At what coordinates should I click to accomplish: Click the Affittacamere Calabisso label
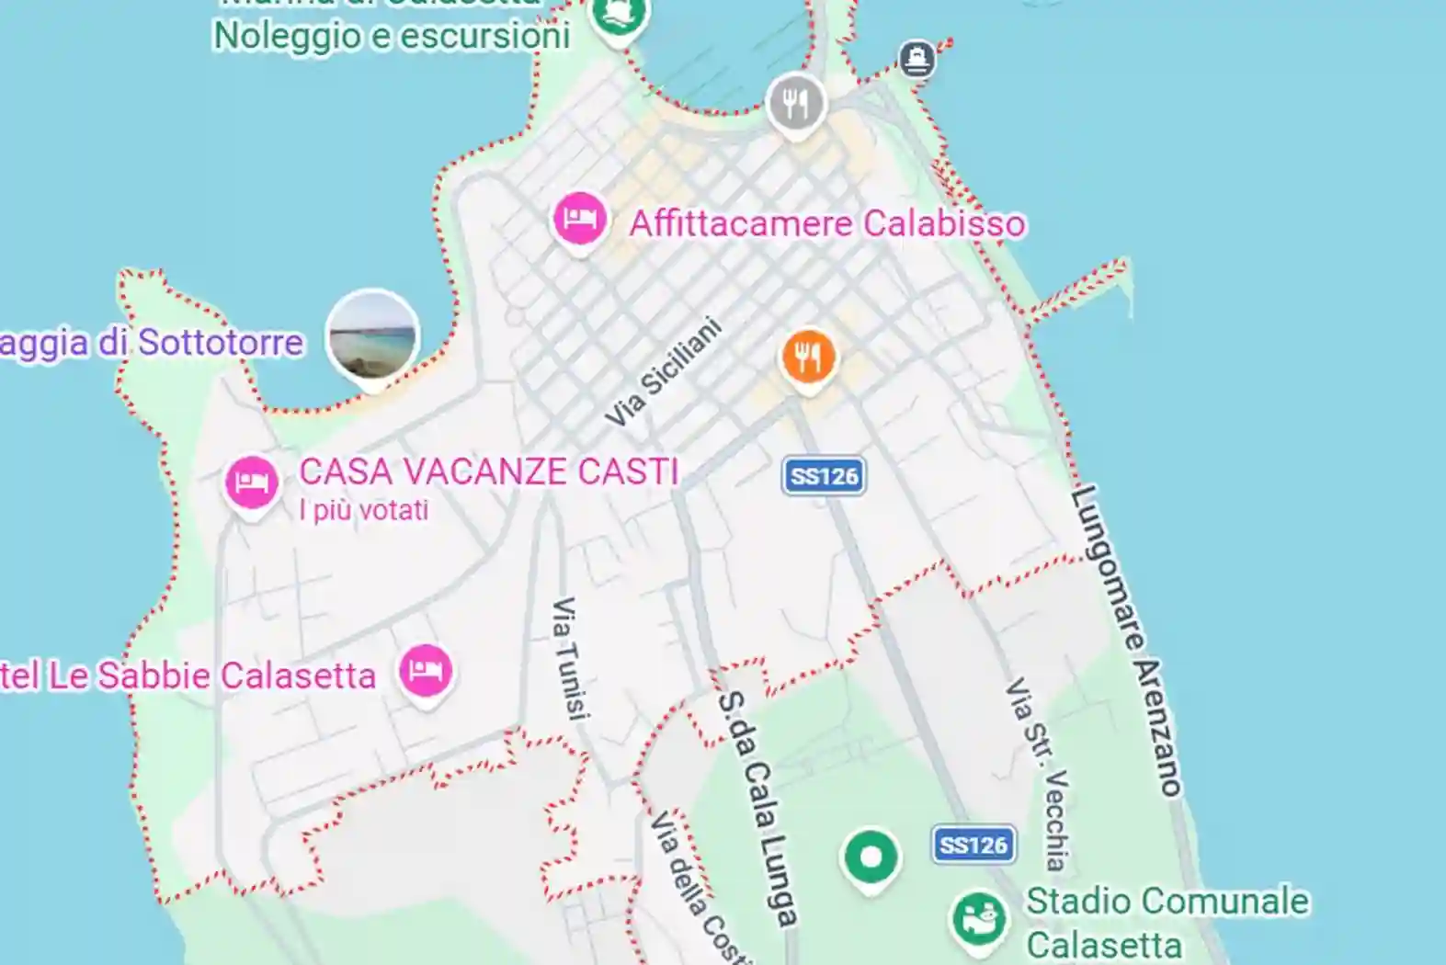click(x=826, y=223)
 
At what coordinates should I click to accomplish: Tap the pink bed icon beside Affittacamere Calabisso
click(x=579, y=219)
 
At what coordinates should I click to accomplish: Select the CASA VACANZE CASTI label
click(x=488, y=471)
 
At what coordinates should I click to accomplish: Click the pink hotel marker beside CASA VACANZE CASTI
click(x=252, y=482)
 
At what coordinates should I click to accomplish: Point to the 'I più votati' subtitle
click(x=363, y=510)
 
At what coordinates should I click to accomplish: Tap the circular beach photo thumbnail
click(x=373, y=336)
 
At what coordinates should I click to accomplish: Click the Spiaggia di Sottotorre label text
click(x=152, y=343)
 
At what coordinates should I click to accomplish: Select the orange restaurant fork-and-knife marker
click(x=808, y=357)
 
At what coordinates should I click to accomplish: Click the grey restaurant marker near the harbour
click(x=796, y=102)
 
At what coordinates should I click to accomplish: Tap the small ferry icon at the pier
click(x=917, y=59)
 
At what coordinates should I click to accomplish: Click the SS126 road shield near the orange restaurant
click(x=824, y=476)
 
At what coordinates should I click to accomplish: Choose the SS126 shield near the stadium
click(x=973, y=845)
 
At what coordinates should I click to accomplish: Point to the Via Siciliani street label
click(x=664, y=371)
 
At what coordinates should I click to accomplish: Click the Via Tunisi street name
click(x=568, y=658)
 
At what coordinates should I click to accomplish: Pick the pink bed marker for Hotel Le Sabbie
click(x=426, y=671)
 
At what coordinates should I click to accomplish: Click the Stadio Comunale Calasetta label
click(x=1166, y=922)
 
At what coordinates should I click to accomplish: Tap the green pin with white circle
click(x=871, y=857)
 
